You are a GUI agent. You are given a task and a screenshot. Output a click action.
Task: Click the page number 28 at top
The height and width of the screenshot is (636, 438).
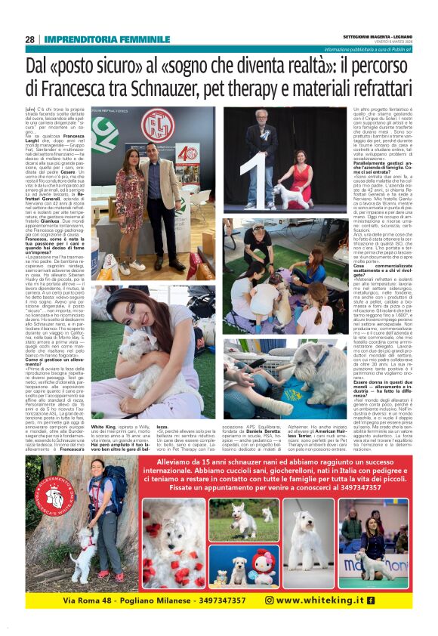coord(29,39)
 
